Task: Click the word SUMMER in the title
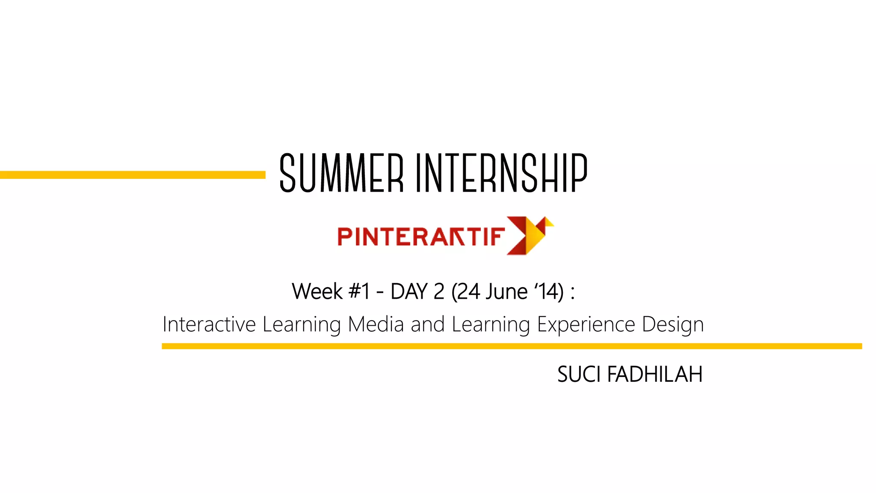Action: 341,173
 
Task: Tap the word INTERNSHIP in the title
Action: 502,173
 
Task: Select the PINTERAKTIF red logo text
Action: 421,237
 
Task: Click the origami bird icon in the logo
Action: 530,235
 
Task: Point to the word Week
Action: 317,292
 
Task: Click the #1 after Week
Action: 359,292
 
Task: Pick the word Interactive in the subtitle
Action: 209,324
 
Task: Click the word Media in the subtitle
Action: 376,324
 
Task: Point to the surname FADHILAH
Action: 654,374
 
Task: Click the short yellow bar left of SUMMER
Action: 133,175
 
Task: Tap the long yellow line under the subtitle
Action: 512,346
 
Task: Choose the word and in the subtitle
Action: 428,324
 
